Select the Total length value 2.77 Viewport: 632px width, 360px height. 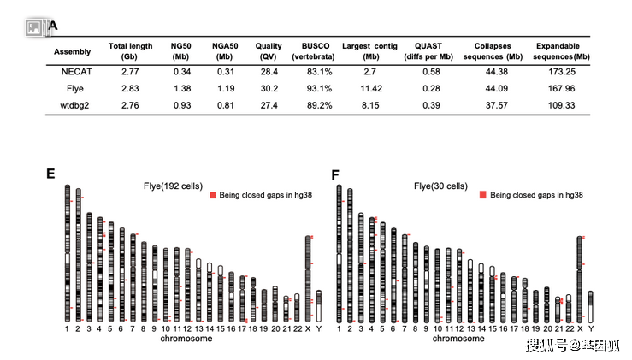coord(130,71)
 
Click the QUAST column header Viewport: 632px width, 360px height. coord(431,50)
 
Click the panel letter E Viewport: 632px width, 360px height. coord(50,174)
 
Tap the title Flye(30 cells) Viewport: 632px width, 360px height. coord(440,185)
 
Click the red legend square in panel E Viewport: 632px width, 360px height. coord(214,195)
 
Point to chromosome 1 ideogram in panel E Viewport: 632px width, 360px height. coord(67,252)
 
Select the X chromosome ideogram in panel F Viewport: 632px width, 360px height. coord(580,278)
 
